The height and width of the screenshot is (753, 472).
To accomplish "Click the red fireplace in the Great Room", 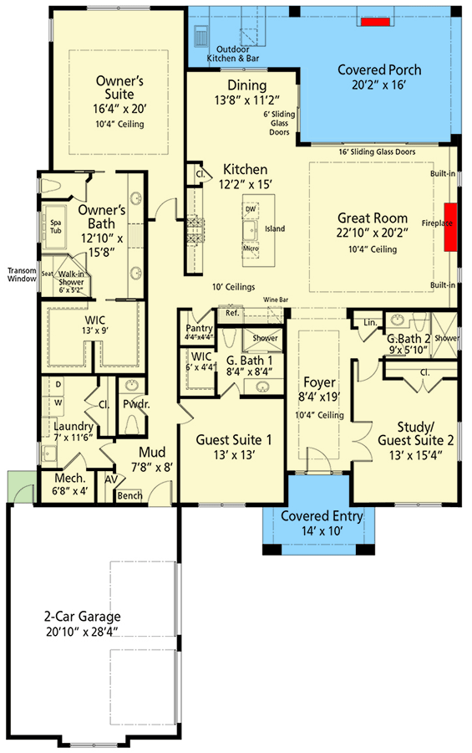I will pyautogui.click(x=450, y=227).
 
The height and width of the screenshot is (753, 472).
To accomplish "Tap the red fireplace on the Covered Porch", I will pyautogui.click(x=376, y=21).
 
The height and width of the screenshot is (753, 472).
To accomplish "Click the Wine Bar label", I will pyautogui.click(x=277, y=299).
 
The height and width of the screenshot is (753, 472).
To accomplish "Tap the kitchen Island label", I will pyautogui.click(x=274, y=228).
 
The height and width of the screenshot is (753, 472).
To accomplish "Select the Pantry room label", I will pyautogui.click(x=199, y=328).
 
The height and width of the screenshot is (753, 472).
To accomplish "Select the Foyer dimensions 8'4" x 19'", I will pyautogui.click(x=320, y=400).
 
